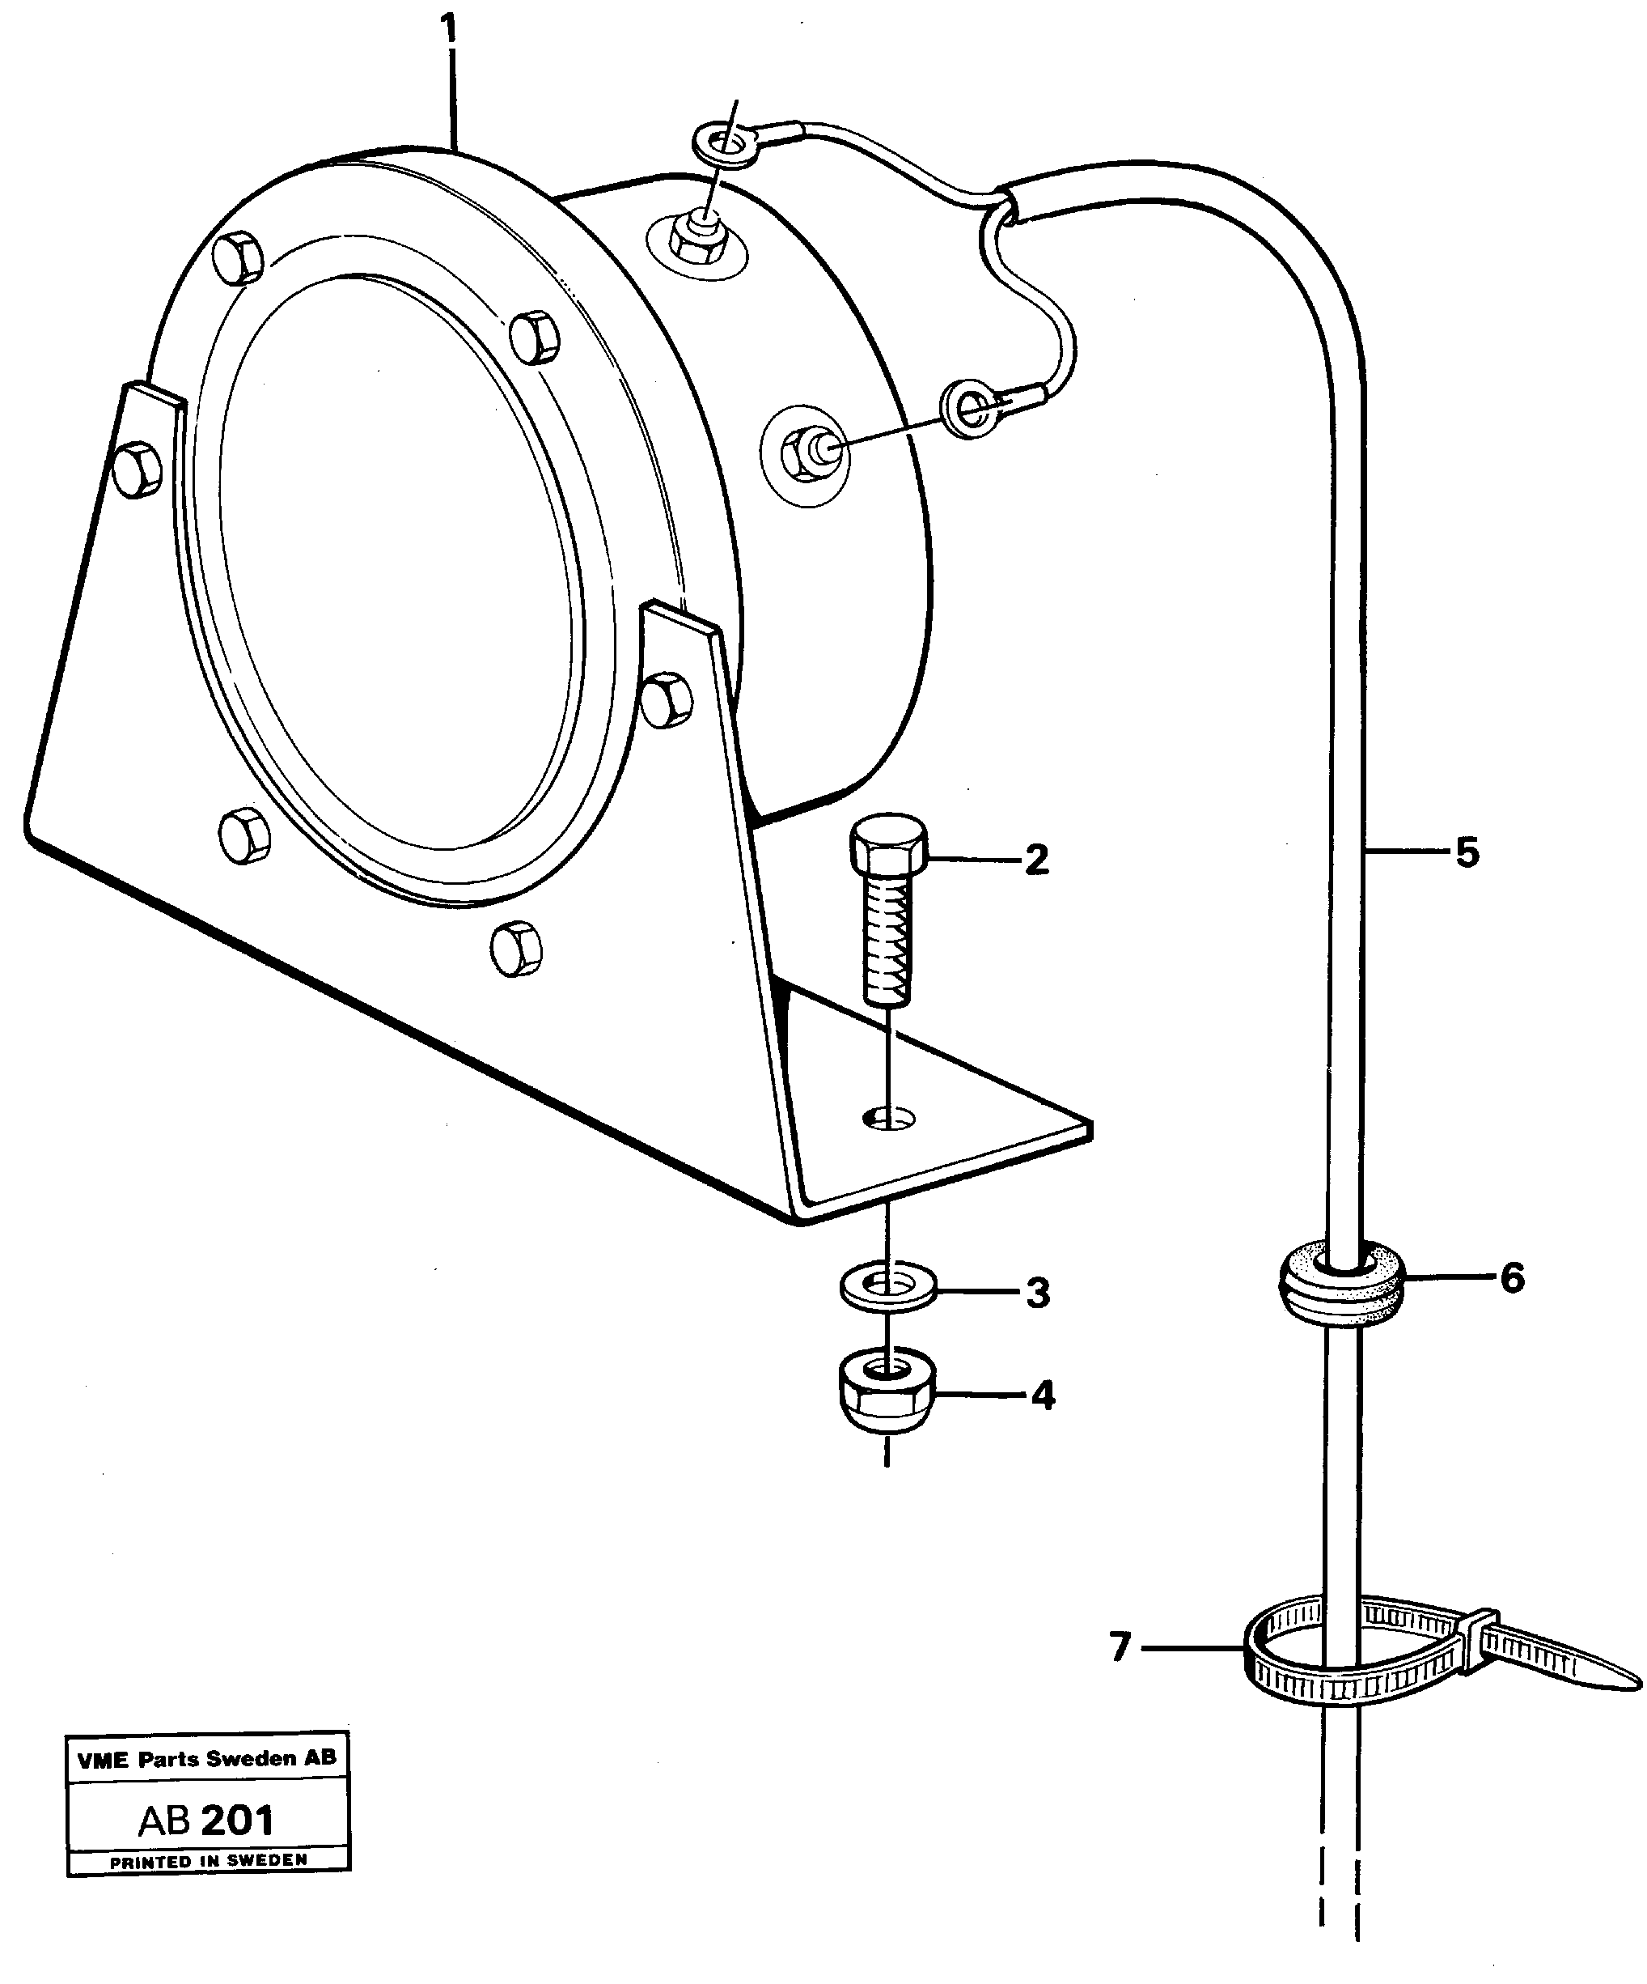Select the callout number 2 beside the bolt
pos(1036,860)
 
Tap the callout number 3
pos(1038,1293)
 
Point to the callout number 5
pos(1466,852)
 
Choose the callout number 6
pos(1512,1278)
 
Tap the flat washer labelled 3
pos(887,1285)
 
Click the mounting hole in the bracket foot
pos(890,1119)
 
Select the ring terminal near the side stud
pos(969,408)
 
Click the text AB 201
pos(205,1820)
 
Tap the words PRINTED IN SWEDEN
pos(209,1859)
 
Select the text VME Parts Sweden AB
pos(207,1758)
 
